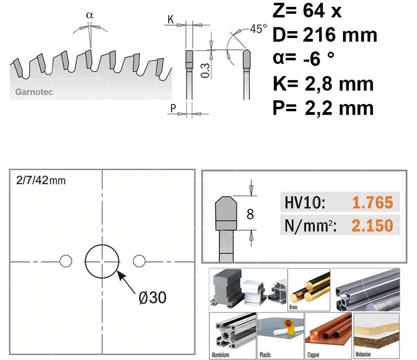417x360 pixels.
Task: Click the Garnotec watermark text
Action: coord(34,92)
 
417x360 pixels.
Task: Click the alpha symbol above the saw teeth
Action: coord(90,15)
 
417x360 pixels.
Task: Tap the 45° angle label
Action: coord(258,29)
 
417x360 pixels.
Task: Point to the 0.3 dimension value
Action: coord(205,70)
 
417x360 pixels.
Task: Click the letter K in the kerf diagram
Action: coord(170,19)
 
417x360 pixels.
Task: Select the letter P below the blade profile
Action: coord(173,108)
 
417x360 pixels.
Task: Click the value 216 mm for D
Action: coord(340,35)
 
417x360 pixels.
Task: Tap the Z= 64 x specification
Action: coord(307,11)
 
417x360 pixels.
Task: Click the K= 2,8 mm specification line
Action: coord(323,83)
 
